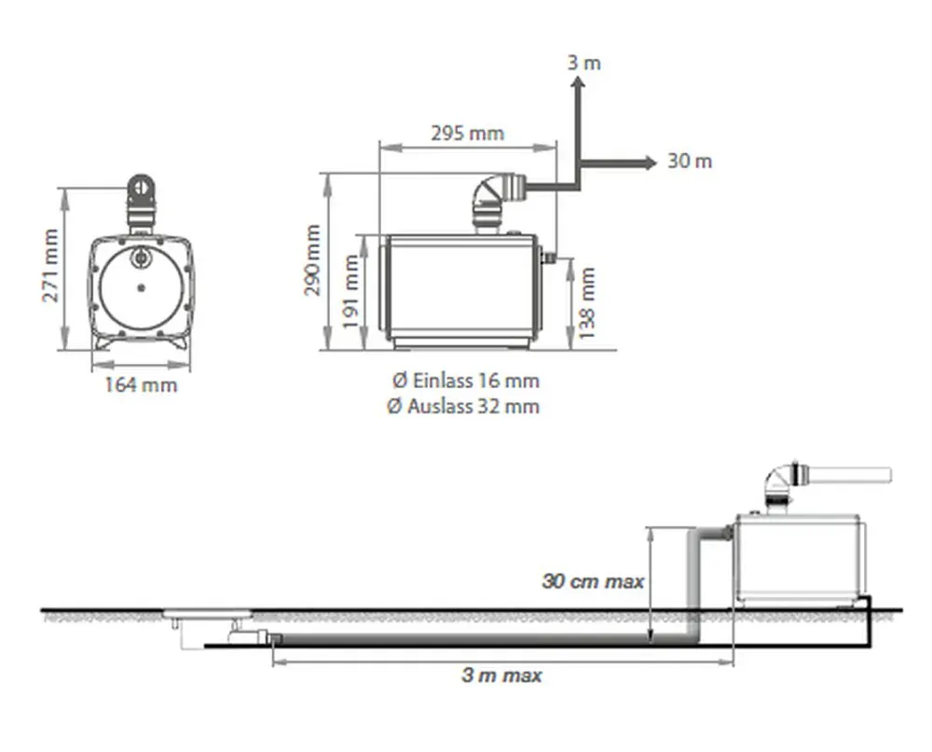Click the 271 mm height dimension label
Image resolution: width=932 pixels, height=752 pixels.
click(50, 265)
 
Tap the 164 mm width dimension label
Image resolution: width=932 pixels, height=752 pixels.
click(141, 385)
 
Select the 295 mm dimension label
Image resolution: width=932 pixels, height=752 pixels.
click(468, 132)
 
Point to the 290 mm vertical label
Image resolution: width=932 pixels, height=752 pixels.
click(312, 260)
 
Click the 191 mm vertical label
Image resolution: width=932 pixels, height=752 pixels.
click(350, 291)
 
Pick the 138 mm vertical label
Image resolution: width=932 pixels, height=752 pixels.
click(586, 303)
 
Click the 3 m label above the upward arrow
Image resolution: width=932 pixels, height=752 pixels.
click(583, 63)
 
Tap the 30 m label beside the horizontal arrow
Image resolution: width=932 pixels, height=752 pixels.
click(690, 160)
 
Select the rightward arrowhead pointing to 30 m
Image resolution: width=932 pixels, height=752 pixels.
click(650, 162)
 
